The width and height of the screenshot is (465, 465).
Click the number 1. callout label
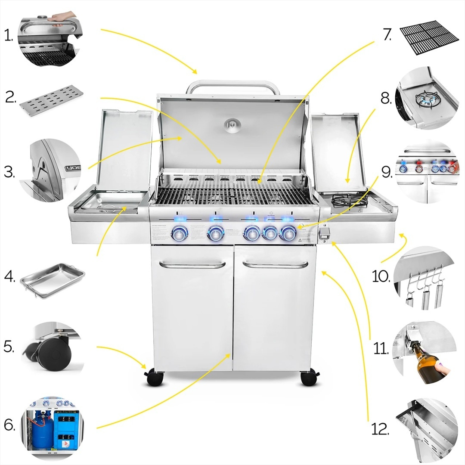[x=9, y=36]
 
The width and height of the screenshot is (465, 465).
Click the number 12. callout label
[x=380, y=428]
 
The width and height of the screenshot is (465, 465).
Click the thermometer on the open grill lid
[x=232, y=124]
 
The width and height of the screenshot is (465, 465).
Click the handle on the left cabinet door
[x=192, y=264]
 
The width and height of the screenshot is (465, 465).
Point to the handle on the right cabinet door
[x=275, y=264]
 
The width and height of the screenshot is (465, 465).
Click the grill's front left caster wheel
[x=155, y=379]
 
